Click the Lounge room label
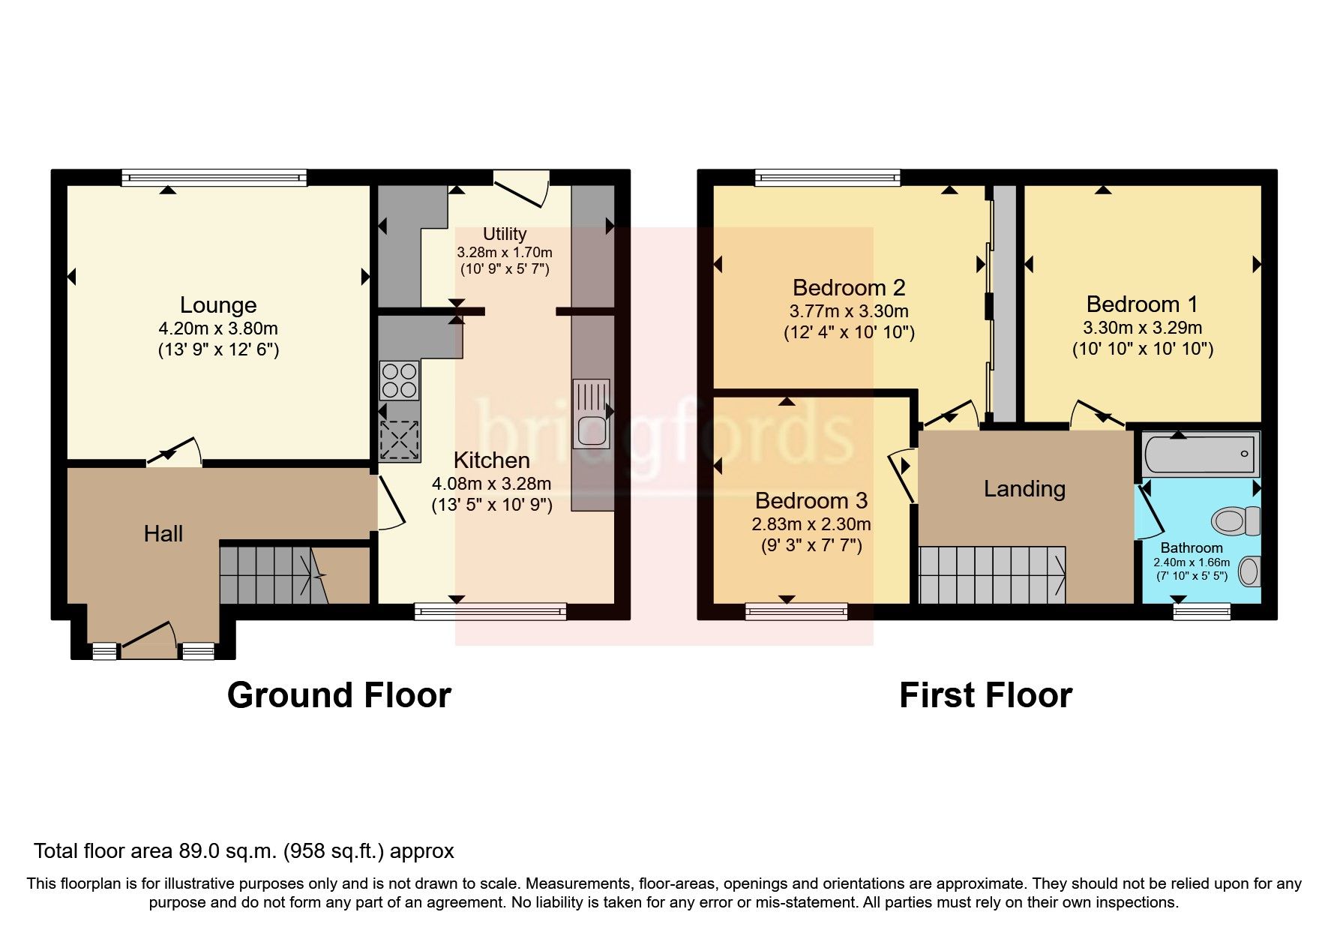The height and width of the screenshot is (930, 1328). coord(218,305)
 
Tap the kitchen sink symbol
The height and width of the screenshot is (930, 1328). coord(591,412)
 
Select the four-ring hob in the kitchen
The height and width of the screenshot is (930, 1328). coord(399,380)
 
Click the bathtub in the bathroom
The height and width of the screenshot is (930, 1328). coord(1201,454)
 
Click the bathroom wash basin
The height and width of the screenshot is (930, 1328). coord(1249,571)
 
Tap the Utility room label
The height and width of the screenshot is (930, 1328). coord(504,234)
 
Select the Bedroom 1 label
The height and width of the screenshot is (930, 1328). coord(1141,304)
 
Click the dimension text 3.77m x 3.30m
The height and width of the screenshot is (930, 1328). coord(848,311)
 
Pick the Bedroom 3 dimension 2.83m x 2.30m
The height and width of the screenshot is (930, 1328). coord(811,524)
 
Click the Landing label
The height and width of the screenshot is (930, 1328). coord(1024,489)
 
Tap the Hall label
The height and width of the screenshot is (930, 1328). coord(163,534)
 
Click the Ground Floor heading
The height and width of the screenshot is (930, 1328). coord(339,695)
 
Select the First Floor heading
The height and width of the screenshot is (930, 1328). coord(985,695)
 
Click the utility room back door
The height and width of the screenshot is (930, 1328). coord(520,188)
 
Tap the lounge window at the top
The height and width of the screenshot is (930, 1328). coord(214,178)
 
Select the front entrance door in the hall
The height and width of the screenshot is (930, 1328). coord(149,637)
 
